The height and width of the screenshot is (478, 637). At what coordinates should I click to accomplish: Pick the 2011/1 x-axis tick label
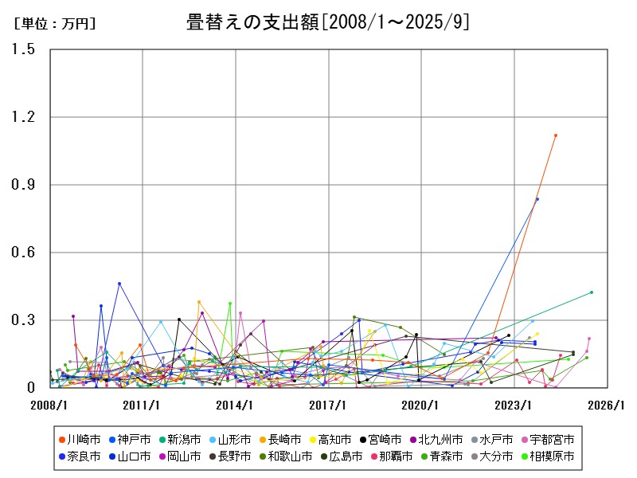coord(143,406)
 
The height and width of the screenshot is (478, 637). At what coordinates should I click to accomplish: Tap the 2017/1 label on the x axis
coord(328,406)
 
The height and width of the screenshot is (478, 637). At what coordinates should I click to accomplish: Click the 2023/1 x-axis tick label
coord(514,406)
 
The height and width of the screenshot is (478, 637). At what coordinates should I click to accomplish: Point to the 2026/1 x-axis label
coord(607,406)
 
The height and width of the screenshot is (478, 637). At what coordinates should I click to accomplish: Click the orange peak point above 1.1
coord(556,135)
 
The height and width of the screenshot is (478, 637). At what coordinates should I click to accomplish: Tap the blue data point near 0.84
coord(537,199)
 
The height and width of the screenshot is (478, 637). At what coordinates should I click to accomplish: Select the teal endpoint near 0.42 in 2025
coord(592,292)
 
